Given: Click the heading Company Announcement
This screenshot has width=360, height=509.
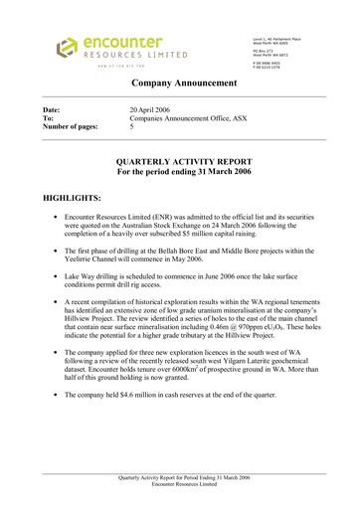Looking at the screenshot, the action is tap(179, 87).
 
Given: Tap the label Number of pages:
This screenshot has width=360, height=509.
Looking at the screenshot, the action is tap(68, 127).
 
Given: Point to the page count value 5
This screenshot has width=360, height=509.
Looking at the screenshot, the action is tap(132, 127).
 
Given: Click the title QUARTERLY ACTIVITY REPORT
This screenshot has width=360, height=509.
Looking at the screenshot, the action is tap(180, 160).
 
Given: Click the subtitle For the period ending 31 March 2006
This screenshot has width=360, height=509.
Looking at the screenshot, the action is tap(180, 171).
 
